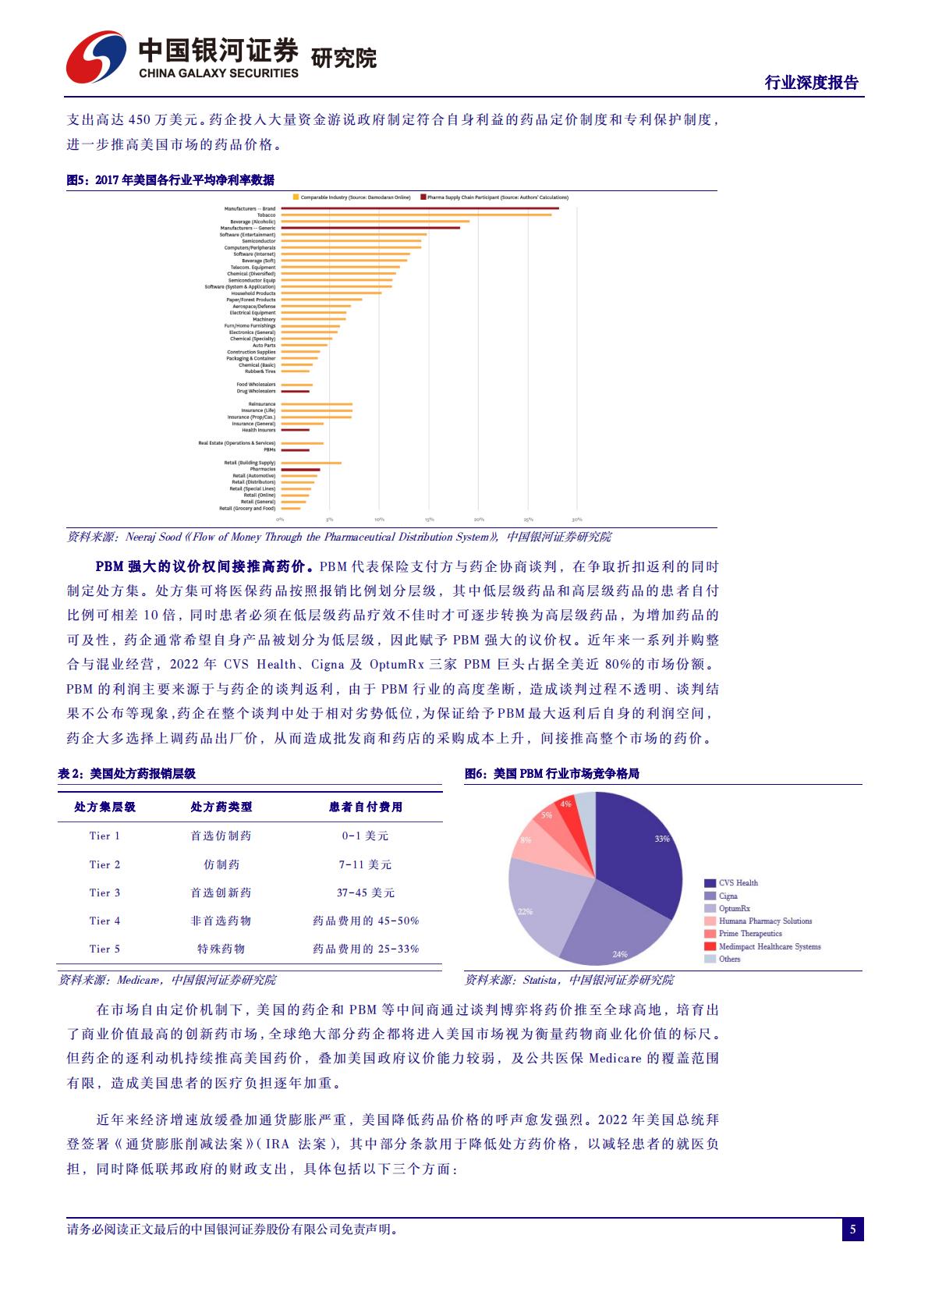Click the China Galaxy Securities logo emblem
pyautogui.click(x=96, y=56)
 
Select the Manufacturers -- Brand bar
pyautogui.click(x=420, y=208)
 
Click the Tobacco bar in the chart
pyautogui.click(x=416, y=215)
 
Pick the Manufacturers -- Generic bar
pyautogui.click(x=370, y=228)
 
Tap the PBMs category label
pyautogui.click(x=269, y=450)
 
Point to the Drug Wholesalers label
pyautogui.click(x=256, y=391)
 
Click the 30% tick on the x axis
pyautogui.click(x=577, y=520)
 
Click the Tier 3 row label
pyautogui.click(x=104, y=892)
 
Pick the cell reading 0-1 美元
pyautogui.click(x=365, y=836)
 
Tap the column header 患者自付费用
pyautogui.click(x=365, y=807)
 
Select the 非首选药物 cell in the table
pyautogui.click(x=221, y=921)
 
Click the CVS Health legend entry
pyautogui.click(x=737, y=883)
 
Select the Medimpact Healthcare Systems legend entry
pyautogui.click(x=768, y=946)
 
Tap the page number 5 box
pyautogui.click(x=852, y=1230)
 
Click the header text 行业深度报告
pyautogui.click(x=811, y=83)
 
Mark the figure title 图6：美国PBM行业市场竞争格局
pyautogui.click(x=551, y=774)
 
